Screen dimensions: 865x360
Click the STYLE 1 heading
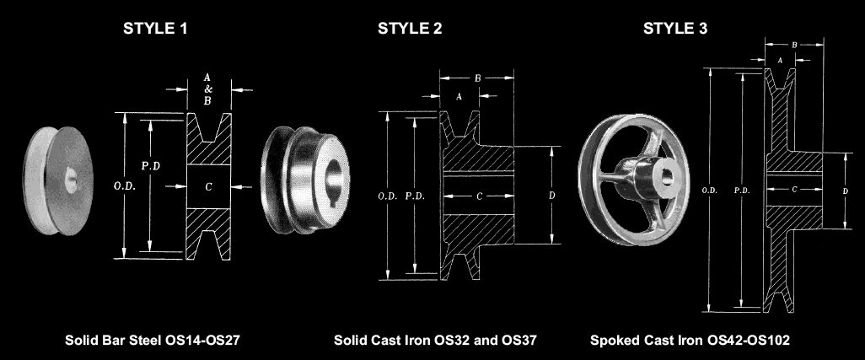(155, 29)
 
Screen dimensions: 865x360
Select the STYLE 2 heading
(410, 29)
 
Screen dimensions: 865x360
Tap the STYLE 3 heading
(675, 29)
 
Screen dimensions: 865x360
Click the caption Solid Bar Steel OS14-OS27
(153, 340)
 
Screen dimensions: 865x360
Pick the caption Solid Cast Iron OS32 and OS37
(435, 340)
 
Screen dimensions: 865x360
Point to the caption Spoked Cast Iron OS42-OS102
(690, 340)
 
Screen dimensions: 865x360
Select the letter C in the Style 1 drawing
(208, 187)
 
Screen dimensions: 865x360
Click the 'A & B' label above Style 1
(207, 89)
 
